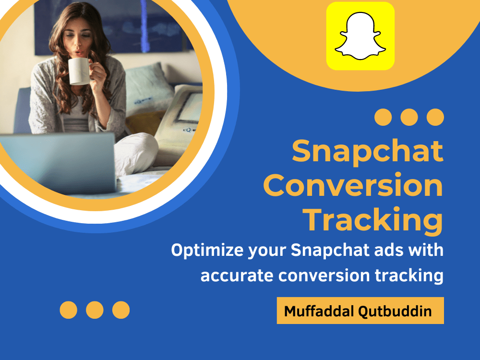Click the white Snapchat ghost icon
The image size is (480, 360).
point(360,36)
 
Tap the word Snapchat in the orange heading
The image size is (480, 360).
point(367,151)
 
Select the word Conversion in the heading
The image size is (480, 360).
point(353,186)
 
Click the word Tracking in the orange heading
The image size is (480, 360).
point(374,221)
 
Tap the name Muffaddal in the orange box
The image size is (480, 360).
point(319,311)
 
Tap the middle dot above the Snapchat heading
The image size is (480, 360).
point(409,117)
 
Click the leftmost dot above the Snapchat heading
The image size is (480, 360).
point(383,117)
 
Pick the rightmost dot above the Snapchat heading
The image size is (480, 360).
point(435,117)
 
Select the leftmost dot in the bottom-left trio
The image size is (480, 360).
point(69,310)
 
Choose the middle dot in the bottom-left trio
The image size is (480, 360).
point(95,310)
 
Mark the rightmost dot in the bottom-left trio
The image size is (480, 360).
point(121,310)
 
